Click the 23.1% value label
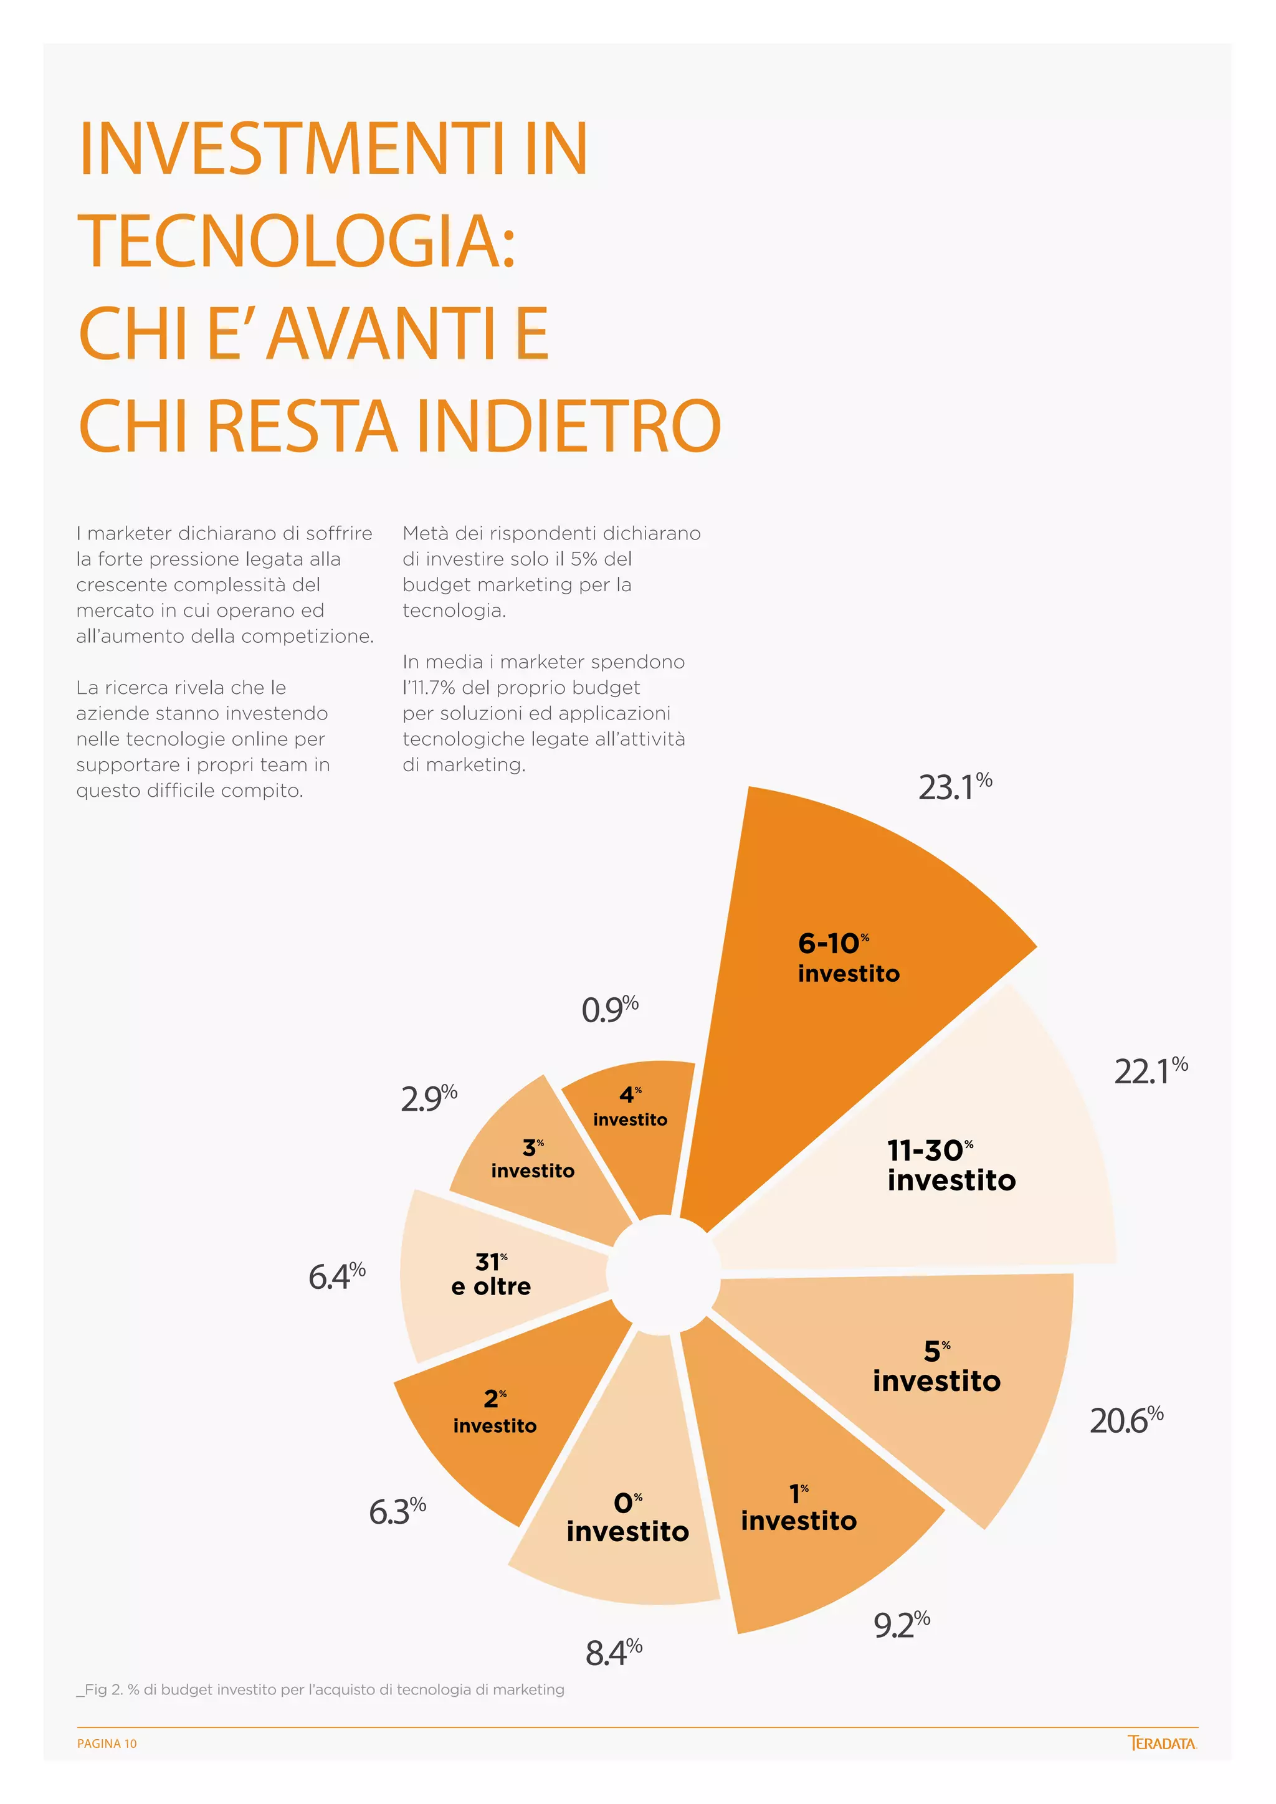(955, 787)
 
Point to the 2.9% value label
(428, 1098)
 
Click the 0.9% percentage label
(609, 1009)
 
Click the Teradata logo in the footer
(1161, 1743)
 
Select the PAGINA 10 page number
(107, 1743)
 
